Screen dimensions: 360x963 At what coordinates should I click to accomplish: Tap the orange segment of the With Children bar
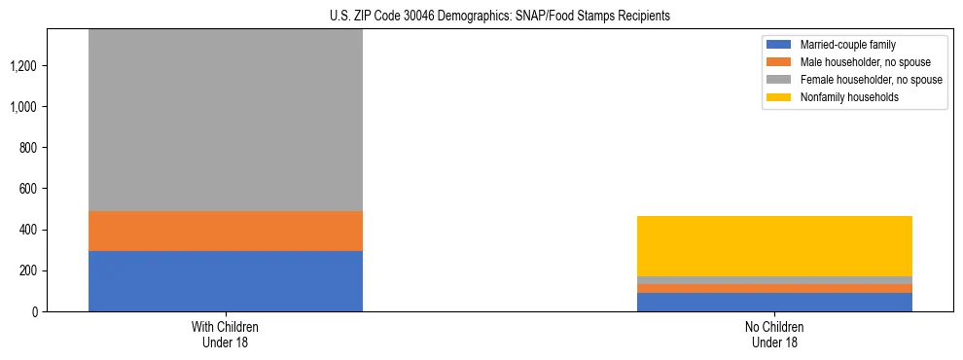[x=226, y=232]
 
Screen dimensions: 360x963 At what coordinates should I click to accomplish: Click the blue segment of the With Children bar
[x=226, y=281]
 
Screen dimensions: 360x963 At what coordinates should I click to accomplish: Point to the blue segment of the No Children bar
[x=774, y=302]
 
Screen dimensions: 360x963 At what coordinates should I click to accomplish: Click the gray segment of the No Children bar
[x=774, y=280]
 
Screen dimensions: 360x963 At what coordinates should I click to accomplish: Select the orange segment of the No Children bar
[x=774, y=288]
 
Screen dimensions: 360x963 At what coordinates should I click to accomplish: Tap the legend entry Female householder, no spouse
[x=857, y=80]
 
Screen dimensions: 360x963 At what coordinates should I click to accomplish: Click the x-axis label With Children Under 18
[x=226, y=335]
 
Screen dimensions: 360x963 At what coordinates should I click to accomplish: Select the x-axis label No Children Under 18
[x=774, y=335]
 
